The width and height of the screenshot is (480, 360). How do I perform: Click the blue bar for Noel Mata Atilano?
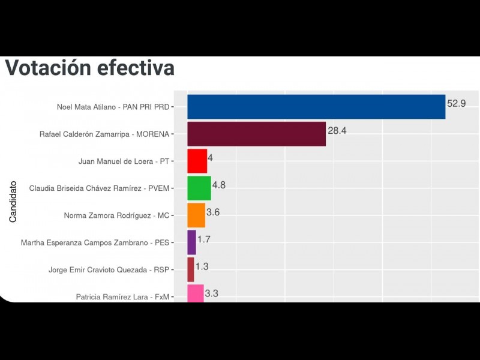(316, 107)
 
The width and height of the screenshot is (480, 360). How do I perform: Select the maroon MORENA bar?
(256, 134)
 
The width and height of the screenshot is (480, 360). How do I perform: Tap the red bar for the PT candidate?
(197, 161)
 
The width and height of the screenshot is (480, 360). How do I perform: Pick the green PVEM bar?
(199, 188)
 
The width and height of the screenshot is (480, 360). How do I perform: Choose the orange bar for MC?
(196, 215)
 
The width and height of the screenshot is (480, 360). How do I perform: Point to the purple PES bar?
(191, 242)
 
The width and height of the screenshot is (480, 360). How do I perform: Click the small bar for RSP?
(191, 269)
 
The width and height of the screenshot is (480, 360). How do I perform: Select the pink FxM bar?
(196, 293)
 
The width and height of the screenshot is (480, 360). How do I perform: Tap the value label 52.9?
(456, 103)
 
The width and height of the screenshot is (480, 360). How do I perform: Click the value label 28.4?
(337, 130)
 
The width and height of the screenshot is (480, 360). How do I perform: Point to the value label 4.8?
(219, 185)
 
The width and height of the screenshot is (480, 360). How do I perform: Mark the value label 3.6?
(214, 212)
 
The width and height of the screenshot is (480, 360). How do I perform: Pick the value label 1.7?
(205, 239)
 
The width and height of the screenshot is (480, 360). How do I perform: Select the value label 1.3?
(202, 266)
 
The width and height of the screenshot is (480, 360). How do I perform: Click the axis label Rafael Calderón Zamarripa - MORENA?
(104, 134)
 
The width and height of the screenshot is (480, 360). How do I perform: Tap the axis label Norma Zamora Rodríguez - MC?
(116, 215)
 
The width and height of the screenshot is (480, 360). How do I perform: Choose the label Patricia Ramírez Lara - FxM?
(122, 296)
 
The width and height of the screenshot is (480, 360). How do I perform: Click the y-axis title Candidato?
(13, 202)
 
